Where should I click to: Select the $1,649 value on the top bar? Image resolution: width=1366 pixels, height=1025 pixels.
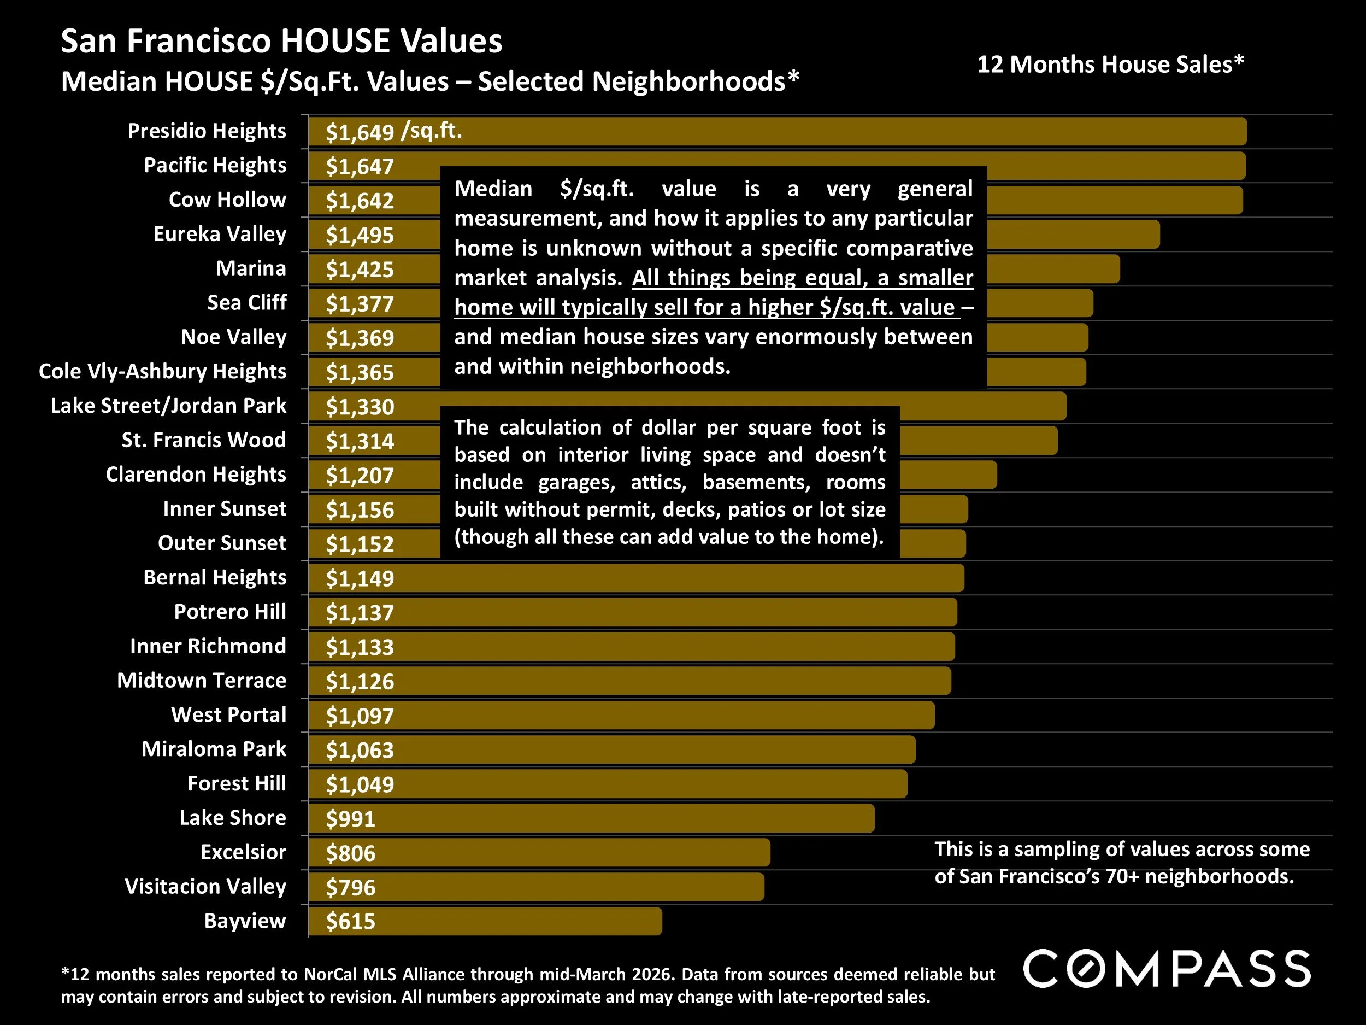[360, 132]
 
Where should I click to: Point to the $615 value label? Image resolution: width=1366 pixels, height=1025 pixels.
[350, 921]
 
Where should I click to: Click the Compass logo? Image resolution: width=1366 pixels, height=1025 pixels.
[1167, 969]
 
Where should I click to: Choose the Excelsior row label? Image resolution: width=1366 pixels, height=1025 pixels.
[243, 852]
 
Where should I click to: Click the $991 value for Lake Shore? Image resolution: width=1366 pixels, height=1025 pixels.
[350, 819]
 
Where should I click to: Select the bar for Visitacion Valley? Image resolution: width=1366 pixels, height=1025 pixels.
[556, 887]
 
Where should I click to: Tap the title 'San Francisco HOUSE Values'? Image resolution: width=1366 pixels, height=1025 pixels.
[281, 42]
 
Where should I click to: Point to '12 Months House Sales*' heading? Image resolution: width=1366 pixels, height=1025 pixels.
[1110, 65]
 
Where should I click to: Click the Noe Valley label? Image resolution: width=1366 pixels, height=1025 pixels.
[233, 337]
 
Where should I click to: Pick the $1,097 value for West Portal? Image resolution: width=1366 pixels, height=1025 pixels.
[360, 716]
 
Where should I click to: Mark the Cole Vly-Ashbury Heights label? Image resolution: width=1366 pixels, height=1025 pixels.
[162, 371]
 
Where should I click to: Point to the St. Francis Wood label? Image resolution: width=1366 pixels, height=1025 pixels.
[204, 440]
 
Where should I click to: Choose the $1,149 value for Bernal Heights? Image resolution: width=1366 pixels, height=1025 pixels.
[360, 578]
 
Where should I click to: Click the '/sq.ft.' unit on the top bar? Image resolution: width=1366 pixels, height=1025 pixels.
[431, 130]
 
